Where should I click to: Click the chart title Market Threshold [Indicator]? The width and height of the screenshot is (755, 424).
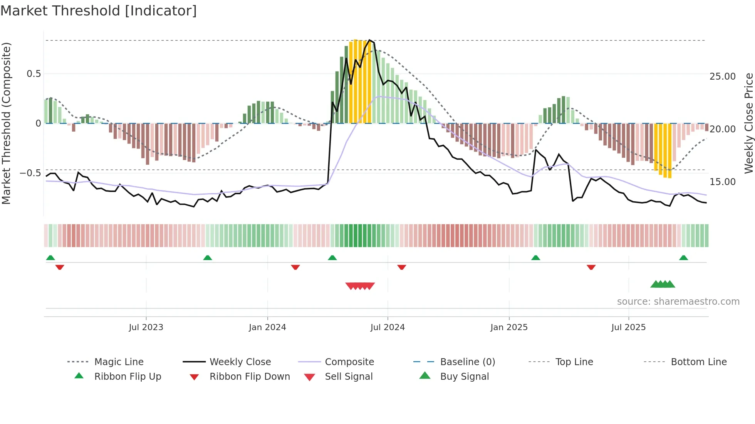tap(99, 11)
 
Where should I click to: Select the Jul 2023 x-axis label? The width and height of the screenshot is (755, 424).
tap(146, 327)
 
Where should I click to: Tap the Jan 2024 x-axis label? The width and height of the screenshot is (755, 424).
tap(267, 327)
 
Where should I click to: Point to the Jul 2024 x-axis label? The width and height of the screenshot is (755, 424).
tap(388, 327)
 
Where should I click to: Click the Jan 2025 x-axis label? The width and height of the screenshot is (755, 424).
tap(509, 327)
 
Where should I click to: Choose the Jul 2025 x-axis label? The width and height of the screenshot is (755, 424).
tap(628, 327)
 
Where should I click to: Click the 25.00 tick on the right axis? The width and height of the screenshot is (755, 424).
tap(723, 77)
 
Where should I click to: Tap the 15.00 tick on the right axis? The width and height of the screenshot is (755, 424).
tap(723, 182)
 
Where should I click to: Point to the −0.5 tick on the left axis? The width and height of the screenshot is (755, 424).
tap(30, 173)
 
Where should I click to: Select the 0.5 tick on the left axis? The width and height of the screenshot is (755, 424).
tap(34, 74)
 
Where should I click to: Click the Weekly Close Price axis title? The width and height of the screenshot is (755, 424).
tap(748, 123)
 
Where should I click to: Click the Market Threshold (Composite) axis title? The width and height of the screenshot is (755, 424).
tap(6, 123)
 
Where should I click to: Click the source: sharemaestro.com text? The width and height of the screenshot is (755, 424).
tap(678, 302)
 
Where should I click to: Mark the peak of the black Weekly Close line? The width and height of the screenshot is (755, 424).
tap(369, 40)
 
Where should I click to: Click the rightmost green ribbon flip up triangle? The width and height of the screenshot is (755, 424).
tap(683, 258)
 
